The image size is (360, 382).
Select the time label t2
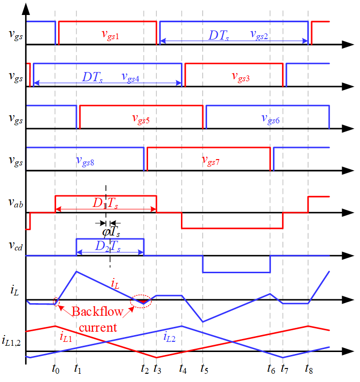pos(145,370)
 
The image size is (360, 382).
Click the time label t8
pos(309,370)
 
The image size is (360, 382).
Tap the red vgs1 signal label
pos(110,35)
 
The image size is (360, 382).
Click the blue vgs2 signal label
pos(259,35)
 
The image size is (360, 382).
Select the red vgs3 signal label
pos(240,77)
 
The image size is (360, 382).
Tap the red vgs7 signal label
pos(210,161)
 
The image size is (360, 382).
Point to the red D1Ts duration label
pos(105,204)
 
